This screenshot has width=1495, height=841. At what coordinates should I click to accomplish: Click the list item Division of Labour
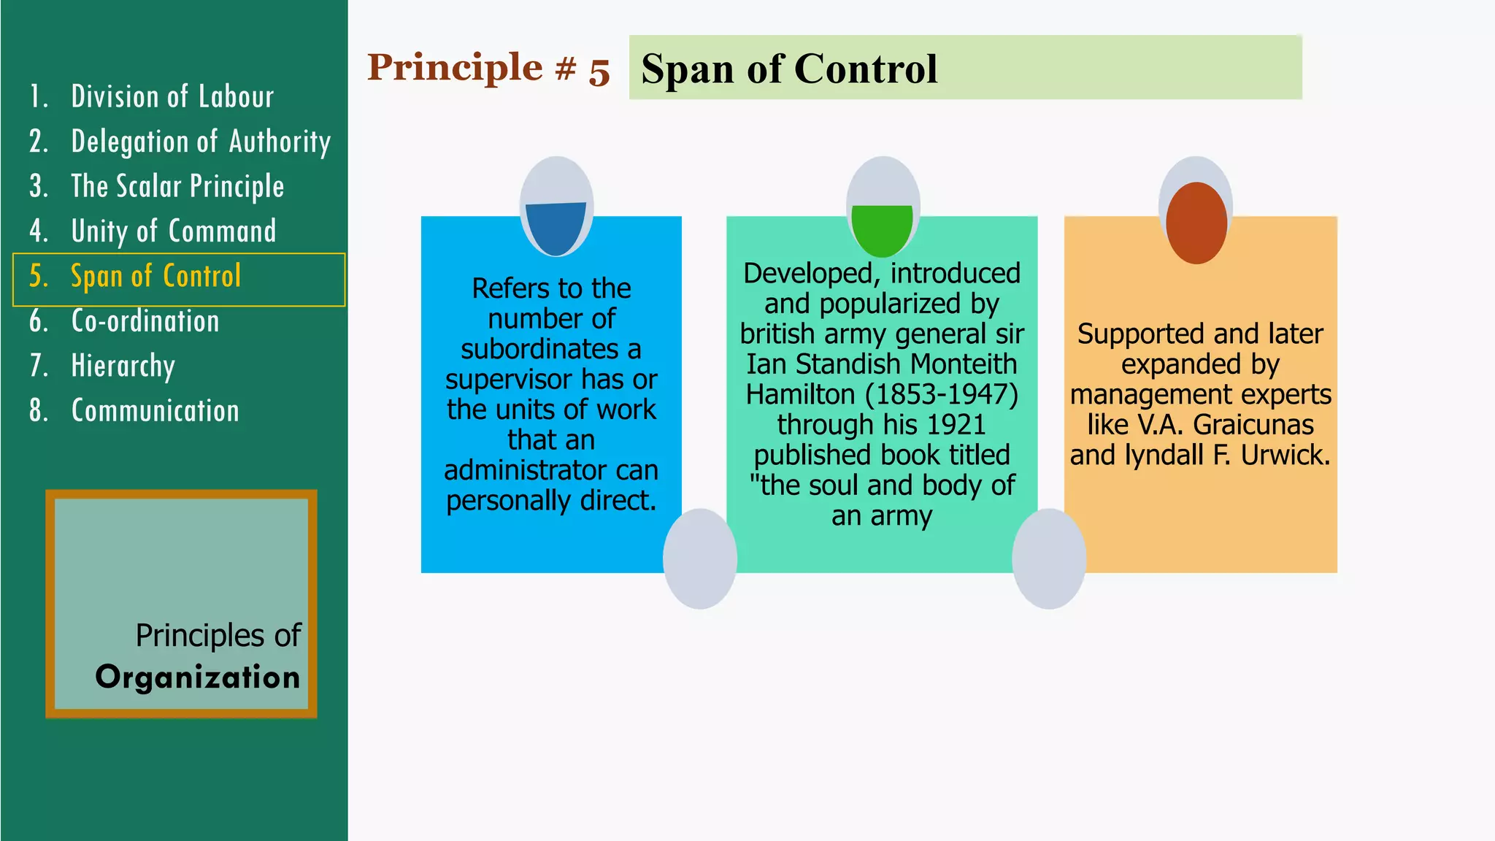[x=172, y=97]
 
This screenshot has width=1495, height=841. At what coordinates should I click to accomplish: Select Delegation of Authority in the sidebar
[x=200, y=142]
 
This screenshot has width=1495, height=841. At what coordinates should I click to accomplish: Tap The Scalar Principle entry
[x=177, y=187]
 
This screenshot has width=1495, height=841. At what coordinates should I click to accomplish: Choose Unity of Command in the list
[x=173, y=231]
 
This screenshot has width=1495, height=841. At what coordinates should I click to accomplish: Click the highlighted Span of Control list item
[x=155, y=277]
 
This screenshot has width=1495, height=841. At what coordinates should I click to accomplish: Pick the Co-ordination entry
[x=145, y=321]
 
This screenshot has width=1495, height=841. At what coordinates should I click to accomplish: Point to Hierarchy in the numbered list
[x=123, y=366]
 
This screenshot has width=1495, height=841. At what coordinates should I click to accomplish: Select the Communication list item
[x=155, y=411]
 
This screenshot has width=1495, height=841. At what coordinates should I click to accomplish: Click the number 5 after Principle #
[x=599, y=71]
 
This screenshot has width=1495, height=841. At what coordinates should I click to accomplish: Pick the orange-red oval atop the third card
[x=1196, y=223]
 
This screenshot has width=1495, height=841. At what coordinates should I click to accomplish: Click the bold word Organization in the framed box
[x=198, y=677]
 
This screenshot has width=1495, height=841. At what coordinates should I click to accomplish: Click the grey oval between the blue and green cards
[x=699, y=558]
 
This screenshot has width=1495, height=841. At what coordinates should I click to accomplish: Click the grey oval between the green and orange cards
[x=1048, y=558]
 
